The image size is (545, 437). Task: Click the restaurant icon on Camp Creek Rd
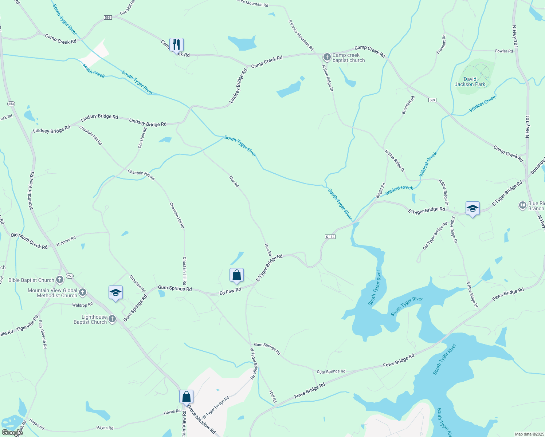tap(176, 45)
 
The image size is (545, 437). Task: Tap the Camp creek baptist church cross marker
tap(327, 57)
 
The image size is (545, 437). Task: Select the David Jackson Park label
tap(470, 82)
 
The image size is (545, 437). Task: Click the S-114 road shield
tap(330, 237)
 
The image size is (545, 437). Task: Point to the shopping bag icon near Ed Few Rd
tap(236, 275)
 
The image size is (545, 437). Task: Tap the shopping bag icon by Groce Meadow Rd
tap(186, 397)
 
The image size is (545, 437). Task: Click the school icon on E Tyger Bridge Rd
tap(473, 209)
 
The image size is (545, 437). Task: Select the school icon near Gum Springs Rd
tap(115, 293)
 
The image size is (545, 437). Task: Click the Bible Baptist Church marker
tap(60, 280)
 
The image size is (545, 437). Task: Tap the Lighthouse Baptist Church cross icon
tap(112, 319)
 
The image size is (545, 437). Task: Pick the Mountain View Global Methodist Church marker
tap(83, 292)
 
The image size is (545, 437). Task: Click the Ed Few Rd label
tap(230, 291)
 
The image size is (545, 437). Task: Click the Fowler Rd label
tap(504, 51)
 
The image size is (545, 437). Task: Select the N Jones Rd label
tap(66, 241)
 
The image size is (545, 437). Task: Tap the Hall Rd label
tap(273, 396)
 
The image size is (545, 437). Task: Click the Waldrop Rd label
tap(82, 305)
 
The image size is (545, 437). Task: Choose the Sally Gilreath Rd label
tap(43, 334)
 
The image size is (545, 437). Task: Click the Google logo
tap(12, 433)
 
